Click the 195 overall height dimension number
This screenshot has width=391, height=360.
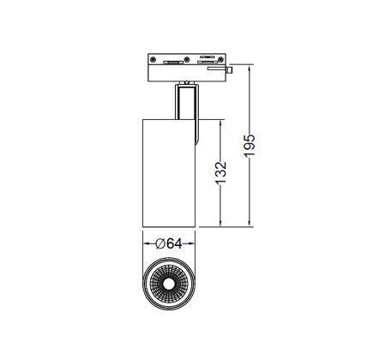(250, 146)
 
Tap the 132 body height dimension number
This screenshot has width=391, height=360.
(220, 173)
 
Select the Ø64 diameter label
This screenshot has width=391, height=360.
(169, 243)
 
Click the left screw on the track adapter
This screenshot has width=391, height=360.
(153, 59)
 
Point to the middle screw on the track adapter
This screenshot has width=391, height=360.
(187, 59)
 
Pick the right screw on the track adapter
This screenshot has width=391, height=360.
(220, 59)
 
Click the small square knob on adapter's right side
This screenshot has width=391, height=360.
(229, 69)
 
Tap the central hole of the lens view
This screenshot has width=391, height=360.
(169, 284)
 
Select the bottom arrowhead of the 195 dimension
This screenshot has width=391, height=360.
(250, 224)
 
